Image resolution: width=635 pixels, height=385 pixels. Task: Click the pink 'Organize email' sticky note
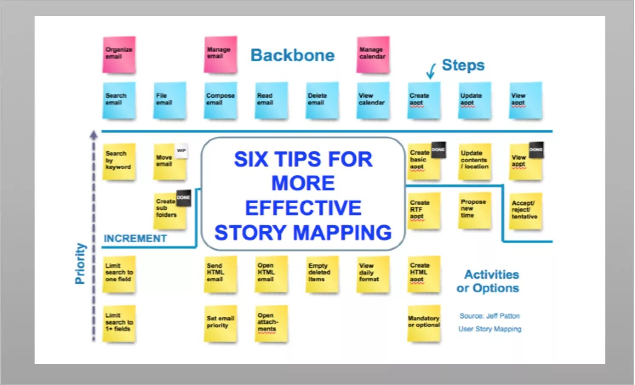(119, 54)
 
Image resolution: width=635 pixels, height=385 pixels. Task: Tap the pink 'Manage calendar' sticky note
(373, 54)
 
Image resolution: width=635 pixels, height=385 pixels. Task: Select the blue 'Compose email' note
(220, 100)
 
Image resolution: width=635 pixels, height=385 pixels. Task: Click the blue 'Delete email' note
(322, 100)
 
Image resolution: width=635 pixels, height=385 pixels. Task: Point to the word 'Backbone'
(292, 56)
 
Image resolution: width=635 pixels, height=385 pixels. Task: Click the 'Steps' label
(463, 65)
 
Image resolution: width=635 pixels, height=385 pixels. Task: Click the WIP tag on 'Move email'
(181, 151)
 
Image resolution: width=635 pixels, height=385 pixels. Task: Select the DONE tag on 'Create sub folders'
(183, 198)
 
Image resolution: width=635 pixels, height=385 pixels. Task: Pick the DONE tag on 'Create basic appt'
(438, 150)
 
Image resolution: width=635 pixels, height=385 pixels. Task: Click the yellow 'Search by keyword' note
(119, 162)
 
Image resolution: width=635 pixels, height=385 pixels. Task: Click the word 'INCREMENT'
(135, 238)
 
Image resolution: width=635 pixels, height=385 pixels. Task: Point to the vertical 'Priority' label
(80, 263)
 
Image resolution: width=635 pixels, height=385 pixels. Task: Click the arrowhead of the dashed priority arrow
(94, 135)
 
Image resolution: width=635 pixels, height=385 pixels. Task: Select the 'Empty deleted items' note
(322, 274)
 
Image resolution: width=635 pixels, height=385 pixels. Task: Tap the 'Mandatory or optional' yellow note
(423, 323)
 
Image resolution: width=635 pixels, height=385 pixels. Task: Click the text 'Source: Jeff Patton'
(489, 316)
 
